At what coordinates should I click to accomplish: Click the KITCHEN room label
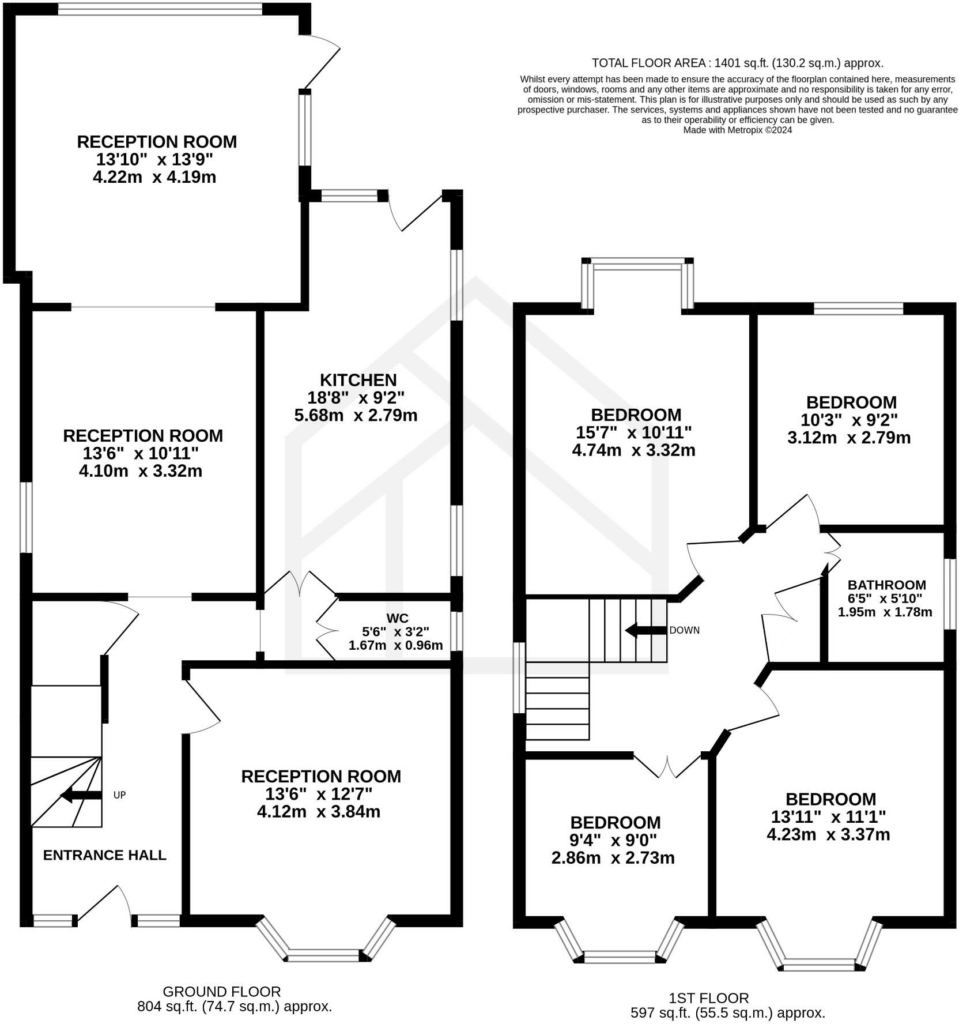pyautogui.click(x=358, y=380)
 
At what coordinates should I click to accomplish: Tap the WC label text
pyautogui.click(x=398, y=618)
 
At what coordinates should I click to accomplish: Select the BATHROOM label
pyautogui.click(x=887, y=585)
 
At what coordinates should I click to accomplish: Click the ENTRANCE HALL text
pyautogui.click(x=105, y=855)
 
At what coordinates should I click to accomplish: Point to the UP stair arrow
pyautogui.click(x=81, y=796)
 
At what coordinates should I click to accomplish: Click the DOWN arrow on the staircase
pyautogui.click(x=646, y=630)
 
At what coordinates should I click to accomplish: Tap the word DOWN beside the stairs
pyautogui.click(x=685, y=630)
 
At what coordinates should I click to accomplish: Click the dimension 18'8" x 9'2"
pyautogui.click(x=356, y=397)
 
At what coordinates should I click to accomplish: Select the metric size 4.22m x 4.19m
pyautogui.click(x=154, y=177)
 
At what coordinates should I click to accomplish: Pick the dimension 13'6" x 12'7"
pyautogui.click(x=319, y=794)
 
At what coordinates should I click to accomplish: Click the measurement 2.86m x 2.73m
pyautogui.click(x=613, y=858)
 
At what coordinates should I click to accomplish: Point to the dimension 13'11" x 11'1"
pyautogui.click(x=829, y=817)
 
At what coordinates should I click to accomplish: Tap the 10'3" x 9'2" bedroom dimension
pyautogui.click(x=849, y=420)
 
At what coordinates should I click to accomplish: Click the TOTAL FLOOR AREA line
pyautogui.click(x=738, y=63)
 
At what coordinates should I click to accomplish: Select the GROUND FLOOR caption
pyautogui.click(x=222, y=992)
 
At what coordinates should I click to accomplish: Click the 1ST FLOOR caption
pyautogui.click(x=709, y=998)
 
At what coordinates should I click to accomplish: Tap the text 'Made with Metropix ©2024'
pyautogui.click(x=738, y=130)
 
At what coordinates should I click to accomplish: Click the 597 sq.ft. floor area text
pyautogui.click(x=728, y=1013)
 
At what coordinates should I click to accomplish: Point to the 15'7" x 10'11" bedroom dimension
pyautogui.click(x=634, y=432)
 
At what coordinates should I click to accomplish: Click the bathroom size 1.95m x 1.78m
pyautogui.click(x=885, y=612)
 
